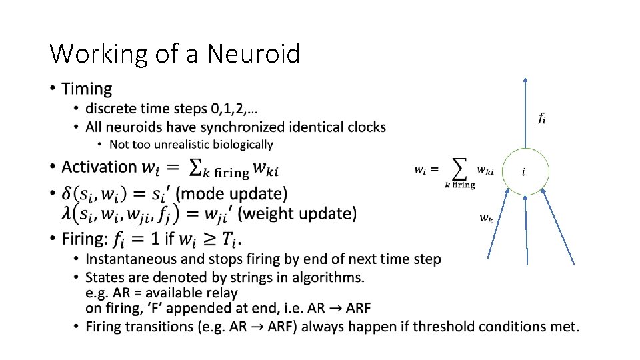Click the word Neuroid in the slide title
[x=253, y=53]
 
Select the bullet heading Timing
[x=87, y=89]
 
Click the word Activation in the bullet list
[x=99, y=167]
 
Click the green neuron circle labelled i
[x=525, y=172]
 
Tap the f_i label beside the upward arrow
[x=543, y=119]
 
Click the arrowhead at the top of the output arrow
[x=525, y=79]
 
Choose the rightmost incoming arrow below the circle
[x=559, y=227]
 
